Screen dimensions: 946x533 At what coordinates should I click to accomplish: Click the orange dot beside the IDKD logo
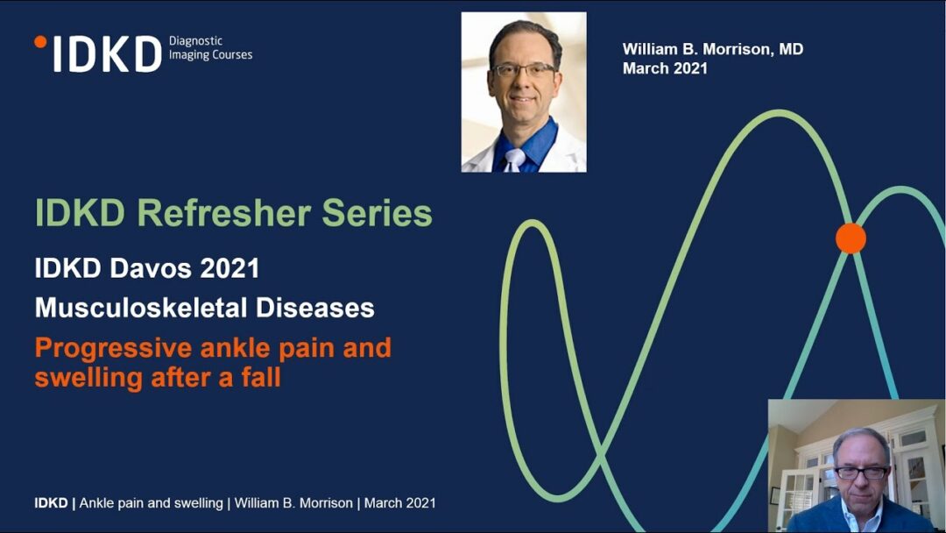click(40, 42)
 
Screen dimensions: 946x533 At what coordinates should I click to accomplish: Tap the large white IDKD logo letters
click(108, 54)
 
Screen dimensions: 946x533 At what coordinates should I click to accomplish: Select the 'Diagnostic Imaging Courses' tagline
click(210, 47)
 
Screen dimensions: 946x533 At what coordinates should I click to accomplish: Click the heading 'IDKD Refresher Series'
click(234, 213)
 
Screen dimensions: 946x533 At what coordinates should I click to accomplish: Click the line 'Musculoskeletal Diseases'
click(204, 308)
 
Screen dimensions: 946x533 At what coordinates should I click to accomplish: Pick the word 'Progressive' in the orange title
click(113, 349)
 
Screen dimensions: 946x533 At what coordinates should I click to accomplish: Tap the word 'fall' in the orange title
click(261, 378)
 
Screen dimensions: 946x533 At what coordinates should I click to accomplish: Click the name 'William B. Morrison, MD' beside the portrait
click(712, 49)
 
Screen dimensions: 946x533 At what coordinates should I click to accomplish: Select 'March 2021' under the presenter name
click(665, 68)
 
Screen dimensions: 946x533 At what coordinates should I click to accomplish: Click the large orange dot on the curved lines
click(851, 238)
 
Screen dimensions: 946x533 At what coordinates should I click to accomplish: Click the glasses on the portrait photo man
click(524, 69)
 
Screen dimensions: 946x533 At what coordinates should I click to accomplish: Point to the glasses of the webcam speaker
click(861, 473)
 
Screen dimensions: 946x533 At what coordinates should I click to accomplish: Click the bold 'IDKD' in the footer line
click(52, 503)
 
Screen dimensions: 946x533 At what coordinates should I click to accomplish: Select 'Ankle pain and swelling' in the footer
click(151, 503)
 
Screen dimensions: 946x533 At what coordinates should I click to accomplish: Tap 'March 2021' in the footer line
click(399, 503)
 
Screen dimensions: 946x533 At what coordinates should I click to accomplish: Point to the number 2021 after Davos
click(229, 268)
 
